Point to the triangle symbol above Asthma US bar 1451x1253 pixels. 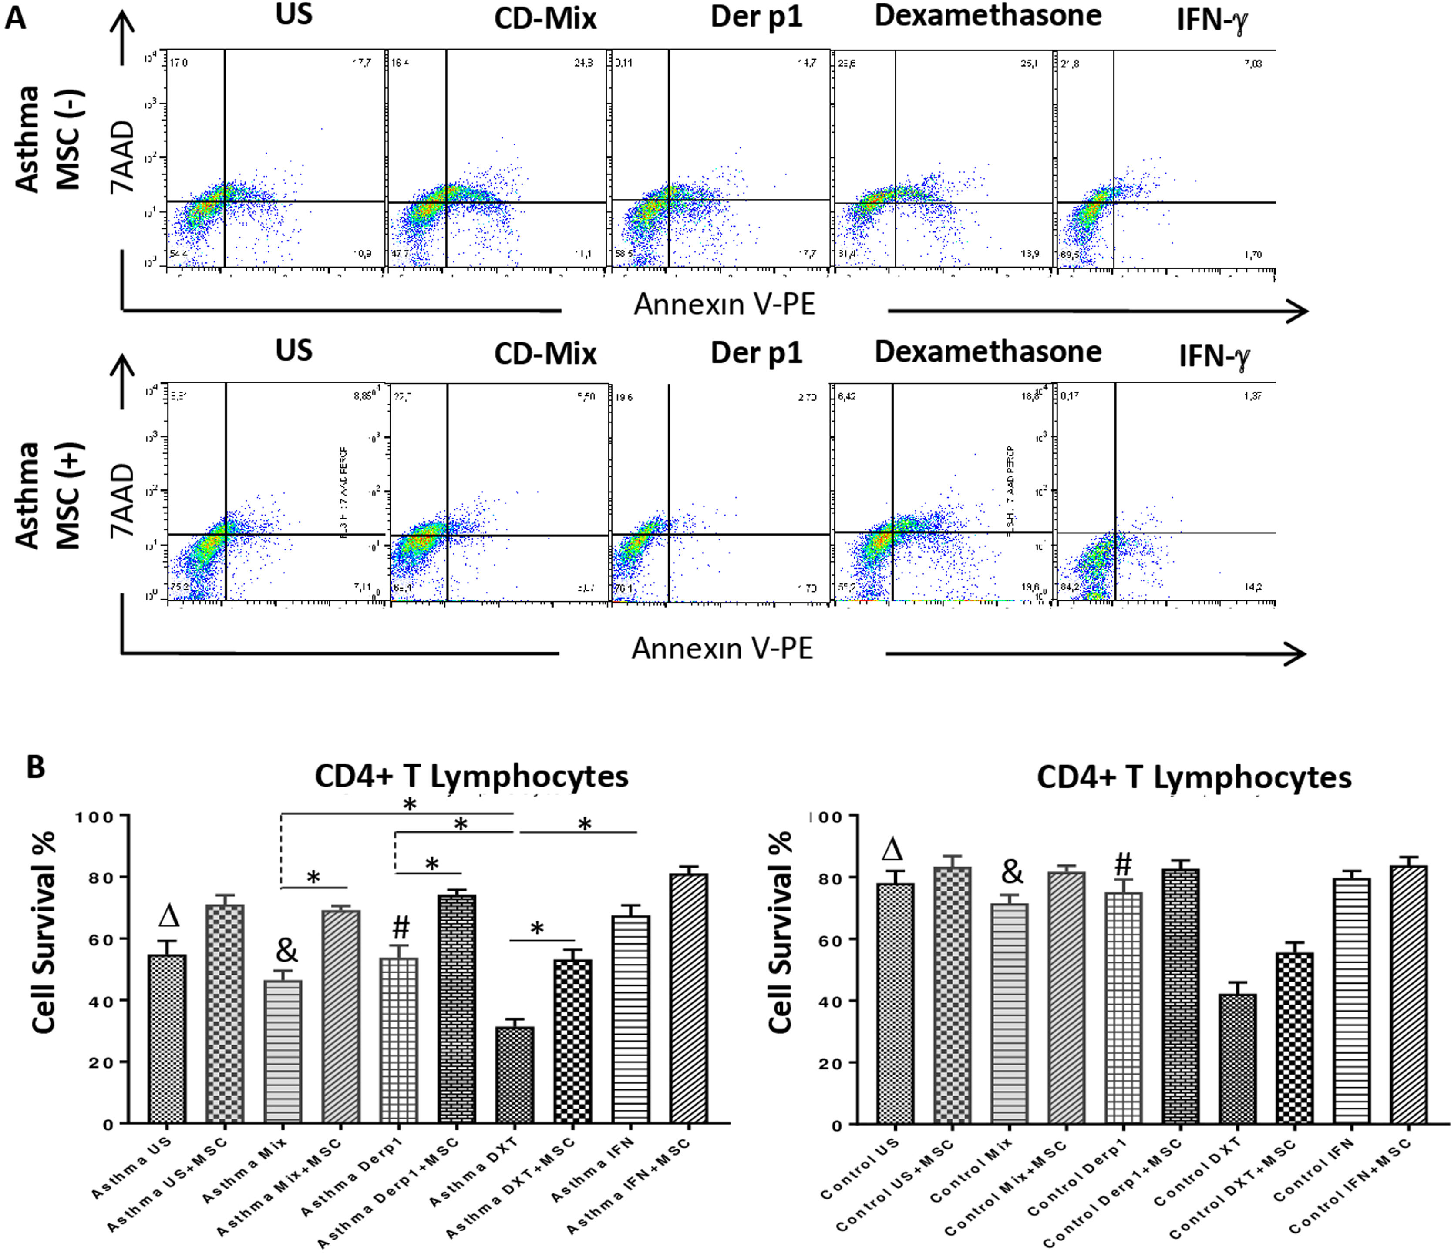point(169,915)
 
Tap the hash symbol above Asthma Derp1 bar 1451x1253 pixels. point(400,927)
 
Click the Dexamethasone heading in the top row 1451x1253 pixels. point(987,15)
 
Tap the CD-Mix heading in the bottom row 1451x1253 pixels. point(545,354)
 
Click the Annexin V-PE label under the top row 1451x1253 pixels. point(724,305)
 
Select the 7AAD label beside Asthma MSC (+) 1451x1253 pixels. point(123,500)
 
